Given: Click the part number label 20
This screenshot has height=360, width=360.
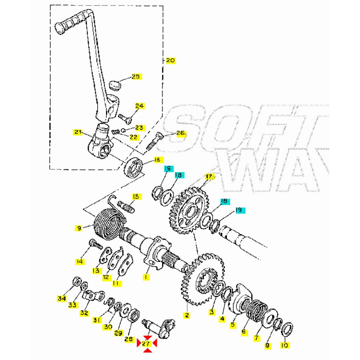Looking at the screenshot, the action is [171, 61].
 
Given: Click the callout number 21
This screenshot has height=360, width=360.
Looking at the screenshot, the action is [78, 132].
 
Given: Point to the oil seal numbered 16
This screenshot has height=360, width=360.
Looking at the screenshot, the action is [134, 167].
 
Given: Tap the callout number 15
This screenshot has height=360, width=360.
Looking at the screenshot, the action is [136, 197].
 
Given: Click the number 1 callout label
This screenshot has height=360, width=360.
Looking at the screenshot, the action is [146, 277].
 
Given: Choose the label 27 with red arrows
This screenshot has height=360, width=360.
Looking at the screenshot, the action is [146, 343].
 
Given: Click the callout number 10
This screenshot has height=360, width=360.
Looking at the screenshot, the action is [284, 345].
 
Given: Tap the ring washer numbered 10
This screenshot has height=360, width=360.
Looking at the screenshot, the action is [287, 330].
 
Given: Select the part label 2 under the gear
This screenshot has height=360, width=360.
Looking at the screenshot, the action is [187, 315].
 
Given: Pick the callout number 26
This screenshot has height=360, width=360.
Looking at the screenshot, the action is [180, 133].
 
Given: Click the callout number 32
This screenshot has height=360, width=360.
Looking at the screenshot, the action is [84, 313].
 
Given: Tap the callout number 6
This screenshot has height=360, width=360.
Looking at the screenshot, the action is [243, 332].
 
